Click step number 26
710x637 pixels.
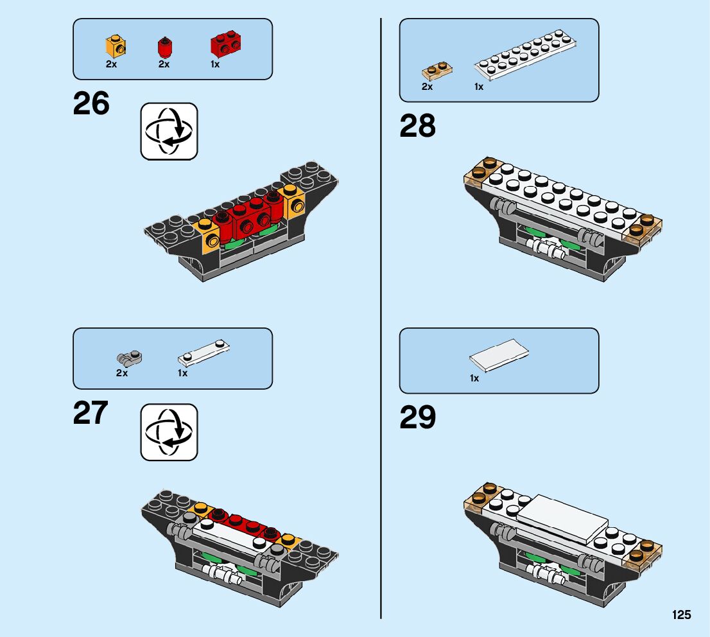pyautogui.click(x=91, y=104)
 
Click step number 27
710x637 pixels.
pyautogui.click(x=91, y=414)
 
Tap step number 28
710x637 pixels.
pyautogui.click(x=417, y=127)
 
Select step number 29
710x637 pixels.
pyautogui.click(x=417, y=417)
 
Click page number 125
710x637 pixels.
pyautogui.click(x=682, y=615)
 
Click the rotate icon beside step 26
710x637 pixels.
pyautogui.click(x=169, y=131)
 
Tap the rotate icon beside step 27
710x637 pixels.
pyautogui.click(x=169, y=432)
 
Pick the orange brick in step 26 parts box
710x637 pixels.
pyautogui.click(x=116, y=46)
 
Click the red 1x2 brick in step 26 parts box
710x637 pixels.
pyautogui.click(x=225, y=44)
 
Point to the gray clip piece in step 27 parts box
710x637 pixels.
pyautogui.click(x=130, y=356)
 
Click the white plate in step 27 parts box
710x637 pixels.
pyautogui.click(x=203, y=352)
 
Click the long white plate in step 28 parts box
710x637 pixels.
pyautogui.click(x=525, y=59)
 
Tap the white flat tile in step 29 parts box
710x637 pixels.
pyautogui.click(x=499, y=355)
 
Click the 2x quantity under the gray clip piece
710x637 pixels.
pyautogui.click(x=122, y=373)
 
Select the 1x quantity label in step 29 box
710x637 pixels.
pyautogui.click(x=474, y=378)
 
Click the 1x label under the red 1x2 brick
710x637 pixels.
pyautogui.click(x=215, y=64)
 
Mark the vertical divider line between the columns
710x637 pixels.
pyautogui.click(x=381, y=321)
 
